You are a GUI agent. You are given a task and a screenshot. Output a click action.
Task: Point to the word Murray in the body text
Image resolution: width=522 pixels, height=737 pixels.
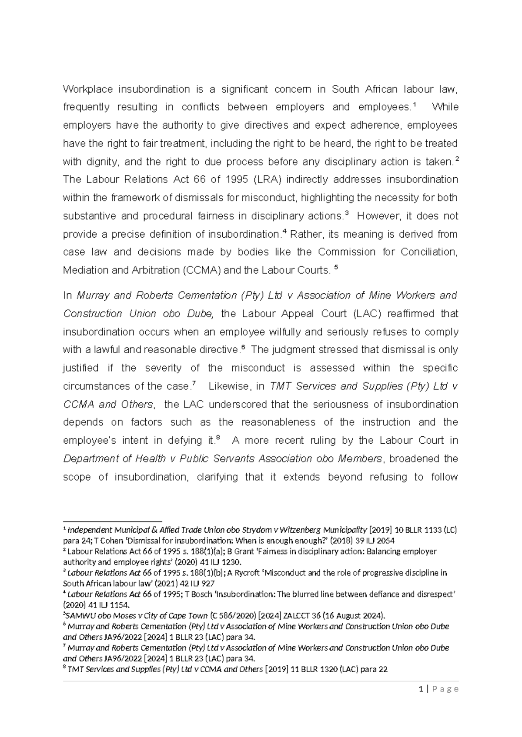[x=93, y=295]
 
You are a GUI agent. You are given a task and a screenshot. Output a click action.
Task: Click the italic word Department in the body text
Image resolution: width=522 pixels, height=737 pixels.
[x=89, y=459]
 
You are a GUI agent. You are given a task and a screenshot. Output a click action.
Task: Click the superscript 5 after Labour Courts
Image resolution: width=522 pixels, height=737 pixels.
[x=335, y=268]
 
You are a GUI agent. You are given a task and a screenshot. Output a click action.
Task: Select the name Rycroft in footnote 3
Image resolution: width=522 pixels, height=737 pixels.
[x=261, y=573]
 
